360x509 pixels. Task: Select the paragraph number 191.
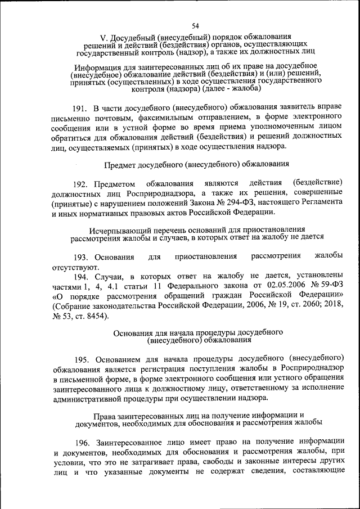point(81,107)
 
